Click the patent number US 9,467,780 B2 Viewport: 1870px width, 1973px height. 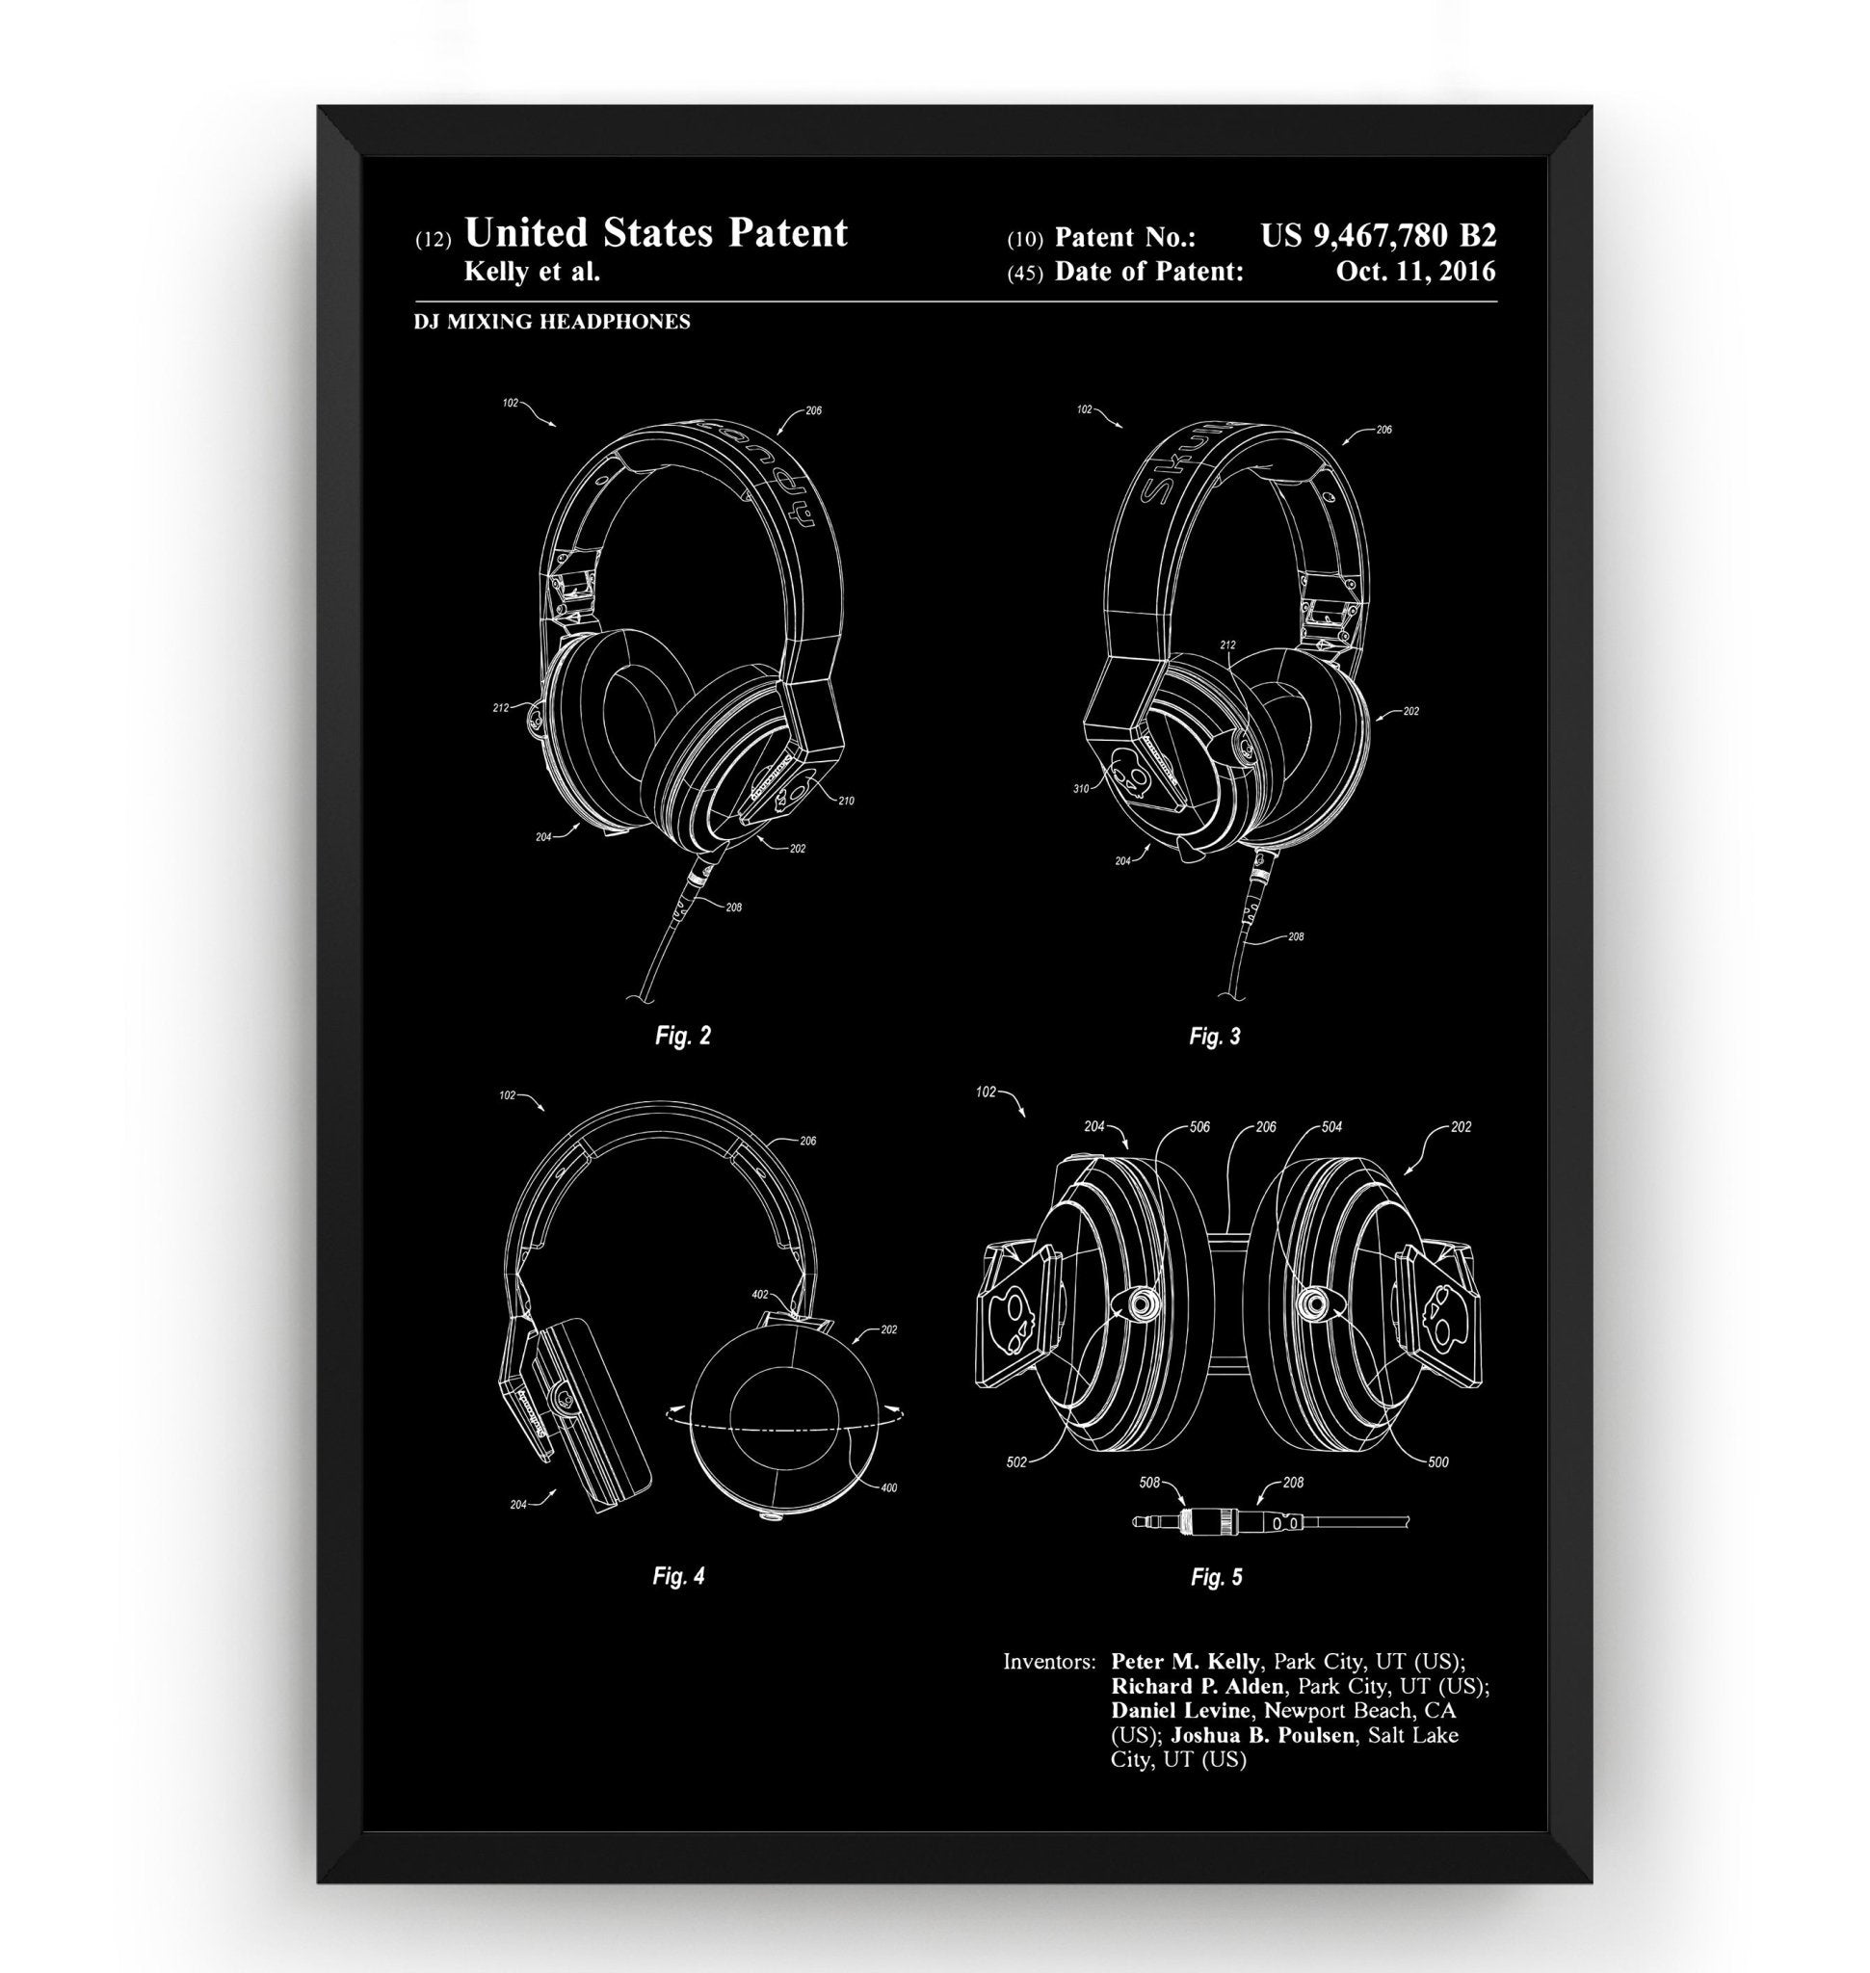click(1378, 236)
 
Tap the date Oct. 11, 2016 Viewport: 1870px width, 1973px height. click(1415, 271)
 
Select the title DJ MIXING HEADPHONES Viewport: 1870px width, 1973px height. click(551, 321)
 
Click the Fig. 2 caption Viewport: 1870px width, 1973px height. click(683, 1036)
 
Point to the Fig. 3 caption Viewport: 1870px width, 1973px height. click(1214, 1037)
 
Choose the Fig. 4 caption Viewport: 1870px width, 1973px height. click(678, 1576)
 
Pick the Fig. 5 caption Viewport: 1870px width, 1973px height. click(1216, 1577)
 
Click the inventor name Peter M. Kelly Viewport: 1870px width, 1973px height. click(1184, 1661)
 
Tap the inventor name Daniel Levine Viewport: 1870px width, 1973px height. click(1180, 1710)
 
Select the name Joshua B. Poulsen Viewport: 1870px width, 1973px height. click(1263, 1735)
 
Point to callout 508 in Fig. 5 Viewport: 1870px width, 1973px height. click(1149, 1483)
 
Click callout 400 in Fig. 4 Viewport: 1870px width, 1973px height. click(889, 1488)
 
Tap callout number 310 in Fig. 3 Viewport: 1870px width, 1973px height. click(1081, 789)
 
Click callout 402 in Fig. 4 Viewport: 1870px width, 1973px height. click(758, 1295)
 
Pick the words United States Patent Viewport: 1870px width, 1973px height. click(656, 233)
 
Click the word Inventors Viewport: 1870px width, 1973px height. click(1048, 1662)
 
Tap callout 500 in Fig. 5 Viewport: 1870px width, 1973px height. click(1437, 1462)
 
